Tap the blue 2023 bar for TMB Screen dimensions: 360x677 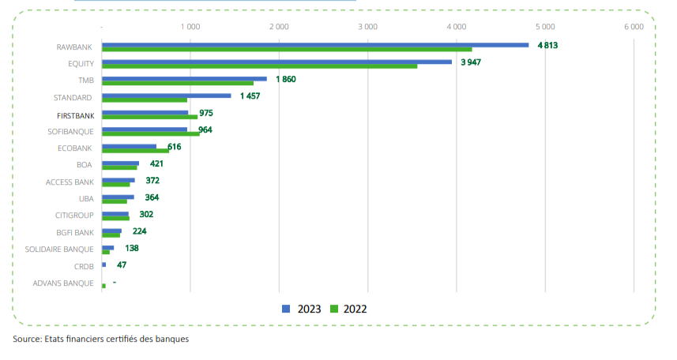pyautogui.click(x=184, y=79)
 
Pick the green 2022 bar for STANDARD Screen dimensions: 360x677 pyautogui.click(x=145, y=100)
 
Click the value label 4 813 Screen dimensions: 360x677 pyautogui.click(x=547, y=45)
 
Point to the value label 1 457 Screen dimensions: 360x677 pyautogui.click(x=250, y=96)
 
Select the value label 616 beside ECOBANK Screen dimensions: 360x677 pyautogui.click(x=175, y=147)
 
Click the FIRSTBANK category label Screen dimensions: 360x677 pyautogui.click(x=75, y=114)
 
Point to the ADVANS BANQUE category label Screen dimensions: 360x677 pyautogui.click(x=63, y=283)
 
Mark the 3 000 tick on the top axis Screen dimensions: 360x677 pyautogui.click(x=367, y=27)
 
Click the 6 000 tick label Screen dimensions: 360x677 pyautogui.click(x=634, y=27)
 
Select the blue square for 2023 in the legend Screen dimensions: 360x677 pyautogui.click(x=287, y=309)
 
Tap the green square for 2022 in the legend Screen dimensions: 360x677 pyautogui.click(x=334, y=309)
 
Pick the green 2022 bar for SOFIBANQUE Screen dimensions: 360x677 pyautogui.click(x=150, y=134)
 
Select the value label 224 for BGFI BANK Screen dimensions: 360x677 pyautogui.click(x=140, y=231)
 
